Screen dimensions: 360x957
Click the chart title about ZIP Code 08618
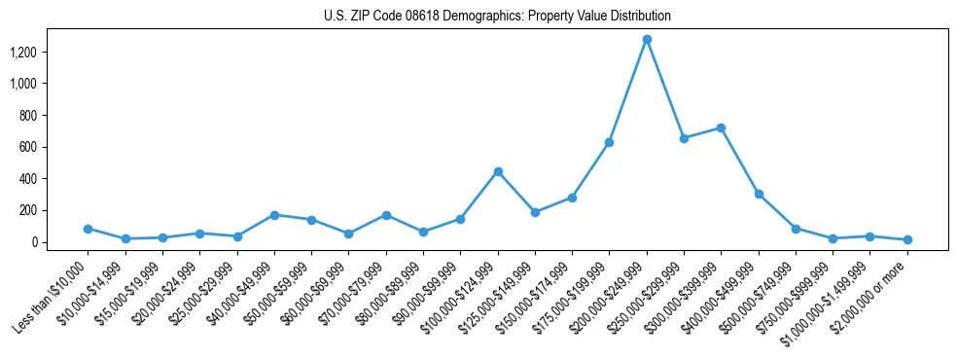click(497, 17)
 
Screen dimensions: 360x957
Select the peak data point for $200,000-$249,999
click(647, 39)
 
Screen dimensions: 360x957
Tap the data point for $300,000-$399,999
click(721, 127)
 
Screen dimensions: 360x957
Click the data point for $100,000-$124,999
click(498, 171)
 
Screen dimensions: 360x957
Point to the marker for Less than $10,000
click(88, 229)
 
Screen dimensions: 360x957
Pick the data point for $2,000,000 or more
click(907, 239)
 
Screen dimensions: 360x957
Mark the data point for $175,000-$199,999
click(609, 142)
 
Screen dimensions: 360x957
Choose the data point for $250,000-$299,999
click(684, 138)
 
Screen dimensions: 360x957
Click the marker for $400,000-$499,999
click(759, 194)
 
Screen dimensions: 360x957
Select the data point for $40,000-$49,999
click(274, 215)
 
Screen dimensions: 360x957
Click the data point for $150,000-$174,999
click(572, 198)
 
